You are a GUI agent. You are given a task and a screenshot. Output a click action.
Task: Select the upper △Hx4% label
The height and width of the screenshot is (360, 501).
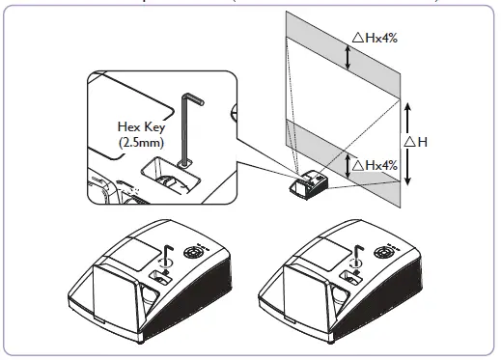[x=376, y=38]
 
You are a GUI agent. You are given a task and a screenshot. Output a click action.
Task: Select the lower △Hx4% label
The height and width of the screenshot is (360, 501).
[x=377, y=164]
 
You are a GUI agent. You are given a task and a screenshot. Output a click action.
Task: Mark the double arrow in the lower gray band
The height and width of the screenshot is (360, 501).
[x=348, y=157]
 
